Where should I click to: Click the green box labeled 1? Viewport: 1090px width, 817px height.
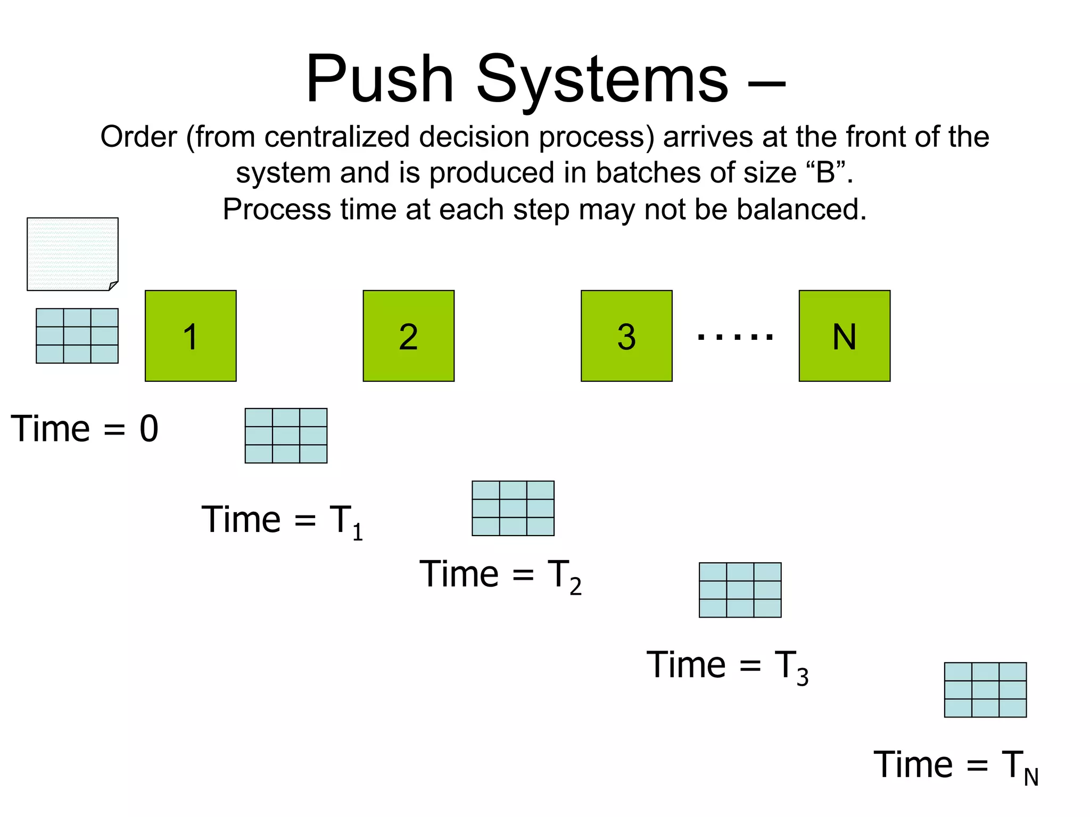pos(191,336)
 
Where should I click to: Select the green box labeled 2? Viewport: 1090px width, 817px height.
pos(408,336)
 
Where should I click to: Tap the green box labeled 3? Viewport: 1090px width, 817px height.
pos(626,336)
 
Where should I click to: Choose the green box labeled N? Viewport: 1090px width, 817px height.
pos(844,336)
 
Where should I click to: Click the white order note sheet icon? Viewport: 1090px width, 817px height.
pos(72,254)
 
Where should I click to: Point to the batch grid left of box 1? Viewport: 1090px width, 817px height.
pos(77,336)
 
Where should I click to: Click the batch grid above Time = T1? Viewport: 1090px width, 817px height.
pos(286,436)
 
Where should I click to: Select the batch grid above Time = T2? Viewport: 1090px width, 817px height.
pos(513,508)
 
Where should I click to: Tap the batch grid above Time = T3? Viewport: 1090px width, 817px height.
pos(740,590)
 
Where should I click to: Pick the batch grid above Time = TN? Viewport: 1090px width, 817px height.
pos(985,689)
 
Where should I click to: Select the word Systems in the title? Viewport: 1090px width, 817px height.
pos(602,80)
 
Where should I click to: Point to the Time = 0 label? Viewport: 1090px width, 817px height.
pos(85,429)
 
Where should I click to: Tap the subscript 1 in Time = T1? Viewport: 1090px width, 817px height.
pos(358,532)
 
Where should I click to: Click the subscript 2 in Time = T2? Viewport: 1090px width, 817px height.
pos(575,587)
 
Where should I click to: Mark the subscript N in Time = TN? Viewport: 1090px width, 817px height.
pos(1031,778)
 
